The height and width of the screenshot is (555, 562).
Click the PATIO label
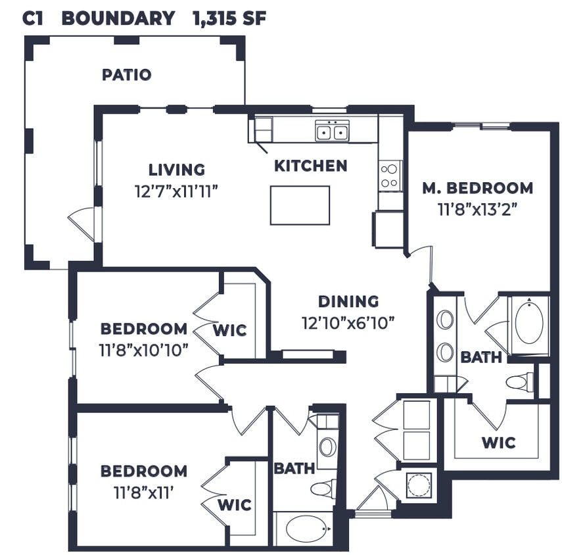126,75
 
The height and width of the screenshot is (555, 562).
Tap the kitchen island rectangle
300,205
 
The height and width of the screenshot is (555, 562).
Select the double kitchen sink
332,132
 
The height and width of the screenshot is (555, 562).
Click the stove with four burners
390,175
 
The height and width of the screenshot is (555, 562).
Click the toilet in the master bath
520,381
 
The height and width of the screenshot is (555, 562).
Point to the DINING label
348,302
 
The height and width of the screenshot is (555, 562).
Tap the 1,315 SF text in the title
229,18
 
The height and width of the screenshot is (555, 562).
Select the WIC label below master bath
498,443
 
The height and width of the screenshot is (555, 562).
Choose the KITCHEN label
310,166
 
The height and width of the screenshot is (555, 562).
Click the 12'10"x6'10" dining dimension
348,324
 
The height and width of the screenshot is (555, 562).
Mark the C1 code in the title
32,18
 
